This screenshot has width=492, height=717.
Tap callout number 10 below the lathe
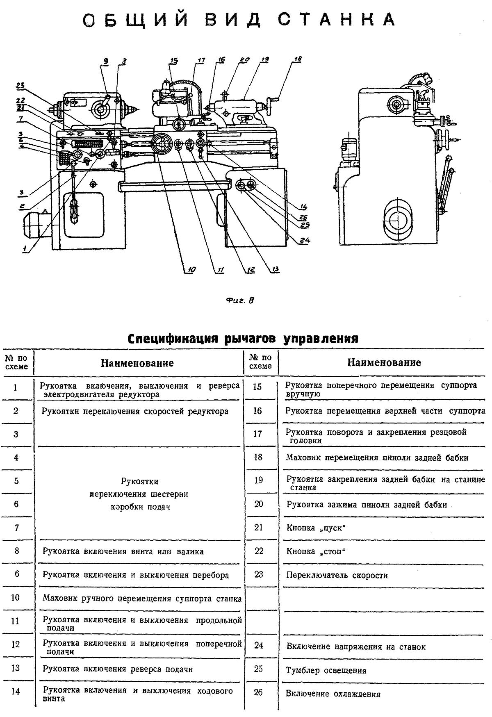click(191, 270)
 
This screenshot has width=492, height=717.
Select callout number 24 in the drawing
click(304, 241)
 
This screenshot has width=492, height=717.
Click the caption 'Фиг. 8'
click(241, 300)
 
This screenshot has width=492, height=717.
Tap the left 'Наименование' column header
click(137, 363)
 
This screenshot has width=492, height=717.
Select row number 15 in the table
click(257, 387)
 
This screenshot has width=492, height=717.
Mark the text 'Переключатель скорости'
click(337, 575)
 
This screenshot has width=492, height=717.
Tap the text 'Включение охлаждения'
click(333, 694)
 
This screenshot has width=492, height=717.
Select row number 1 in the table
click(16, 387)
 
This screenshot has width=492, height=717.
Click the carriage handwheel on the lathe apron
click(161, 145)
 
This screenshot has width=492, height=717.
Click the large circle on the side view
click(397, 219)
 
